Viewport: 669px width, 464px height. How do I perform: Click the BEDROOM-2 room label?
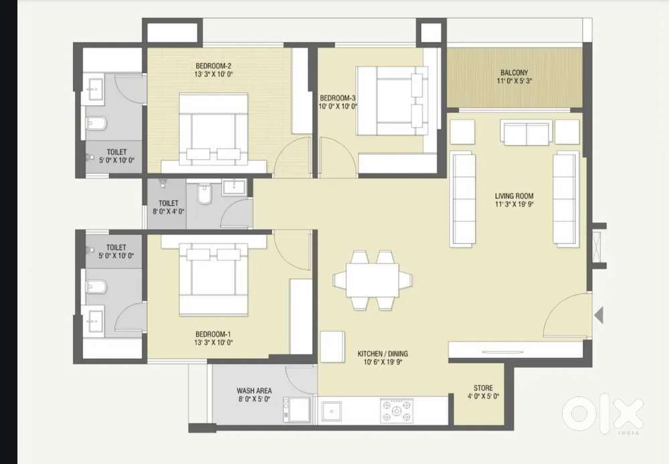click(214, 66)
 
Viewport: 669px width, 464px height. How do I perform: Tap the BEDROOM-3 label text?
click(337, 98)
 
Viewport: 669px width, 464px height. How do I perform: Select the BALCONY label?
click(514, 72)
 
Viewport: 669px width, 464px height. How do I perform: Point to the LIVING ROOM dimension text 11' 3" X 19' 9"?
click(514, 204)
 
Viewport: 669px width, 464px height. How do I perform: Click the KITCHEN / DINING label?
click(383, 354)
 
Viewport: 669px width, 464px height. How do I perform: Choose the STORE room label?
click(483, 388)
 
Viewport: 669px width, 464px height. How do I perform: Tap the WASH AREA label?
click(254, 390)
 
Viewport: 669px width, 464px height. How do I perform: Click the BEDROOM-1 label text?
click(213, 334)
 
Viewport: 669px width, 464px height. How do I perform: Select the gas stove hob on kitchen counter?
click(397, 411)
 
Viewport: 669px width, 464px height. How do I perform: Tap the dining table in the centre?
click(373, 280)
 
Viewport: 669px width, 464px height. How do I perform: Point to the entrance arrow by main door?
click(599, 315)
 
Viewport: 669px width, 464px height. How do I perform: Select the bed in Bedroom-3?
click(392, 100)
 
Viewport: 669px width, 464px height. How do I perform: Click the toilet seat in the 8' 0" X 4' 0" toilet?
click(204, 194)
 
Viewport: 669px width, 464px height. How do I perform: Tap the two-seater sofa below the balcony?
click(527, 133)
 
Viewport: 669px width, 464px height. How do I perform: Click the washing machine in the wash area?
click(297, 410)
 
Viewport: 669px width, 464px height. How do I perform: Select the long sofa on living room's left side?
click(462, 199)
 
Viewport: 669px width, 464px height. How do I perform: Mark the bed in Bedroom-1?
click(213, 280)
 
